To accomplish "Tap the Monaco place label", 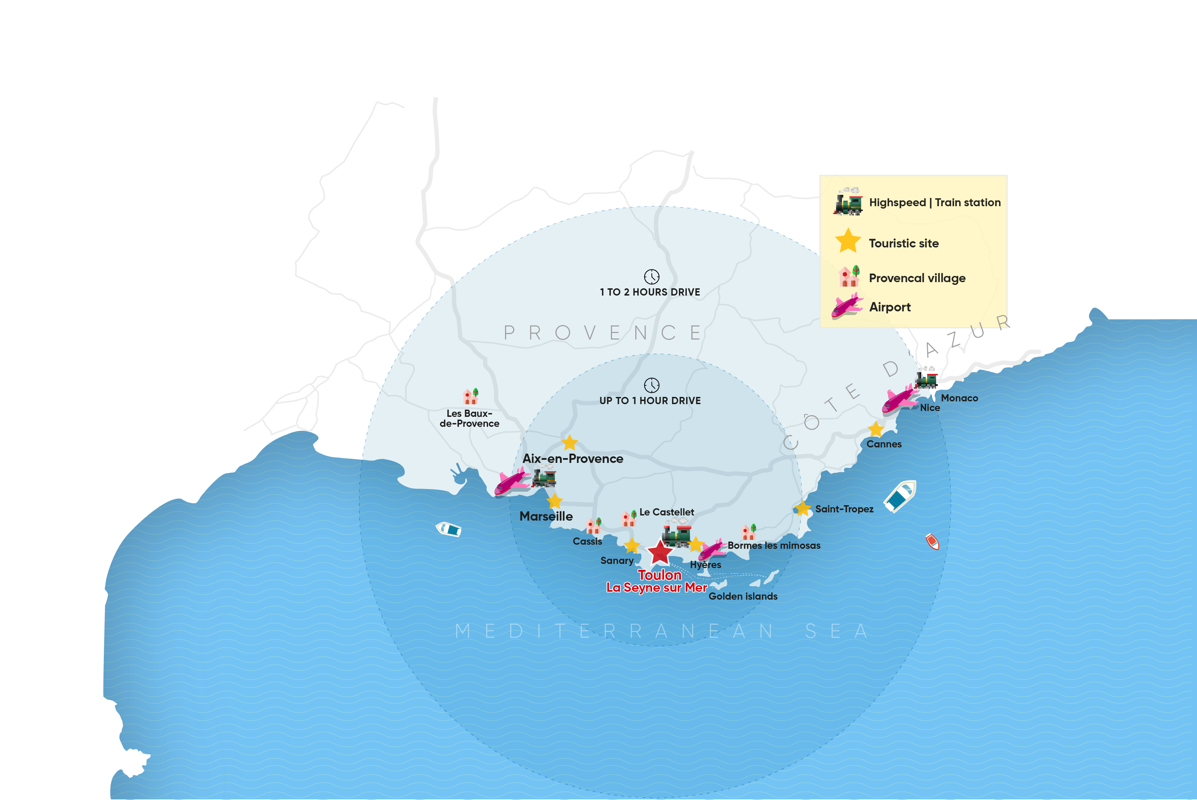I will (959, 398).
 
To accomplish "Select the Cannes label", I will (884, 444).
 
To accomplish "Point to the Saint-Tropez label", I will (844, 509).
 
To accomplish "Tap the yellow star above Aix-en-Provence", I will (569, 442).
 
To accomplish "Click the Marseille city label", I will (546, 516).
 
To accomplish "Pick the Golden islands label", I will (743, 596).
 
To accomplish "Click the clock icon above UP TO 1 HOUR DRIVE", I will (651, 385).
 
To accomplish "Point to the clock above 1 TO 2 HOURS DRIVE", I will (651, 277).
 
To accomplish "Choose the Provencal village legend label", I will (917, 278).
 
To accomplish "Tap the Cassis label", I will (587, 541).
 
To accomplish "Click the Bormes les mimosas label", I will (773, 545).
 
